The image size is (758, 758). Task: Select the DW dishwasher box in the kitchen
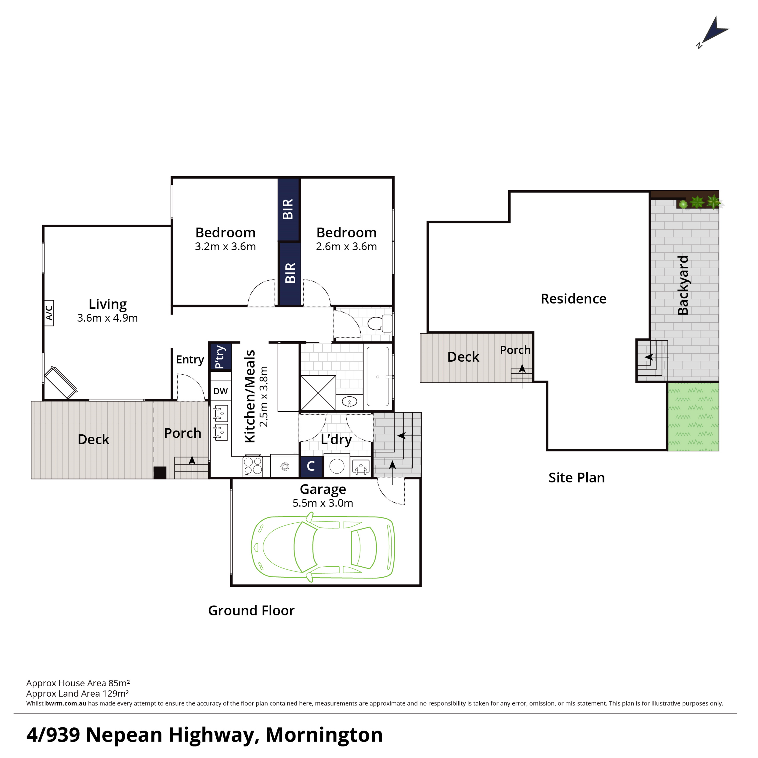tap(221, 391)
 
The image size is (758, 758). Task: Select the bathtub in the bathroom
tap(378, 376)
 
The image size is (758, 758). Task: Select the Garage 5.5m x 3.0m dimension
tap(323, 503)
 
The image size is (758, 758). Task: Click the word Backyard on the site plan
tap(683, 285)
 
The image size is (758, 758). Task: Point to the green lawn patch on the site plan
tap(693, 416)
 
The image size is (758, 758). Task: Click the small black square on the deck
tap(160, 473)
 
